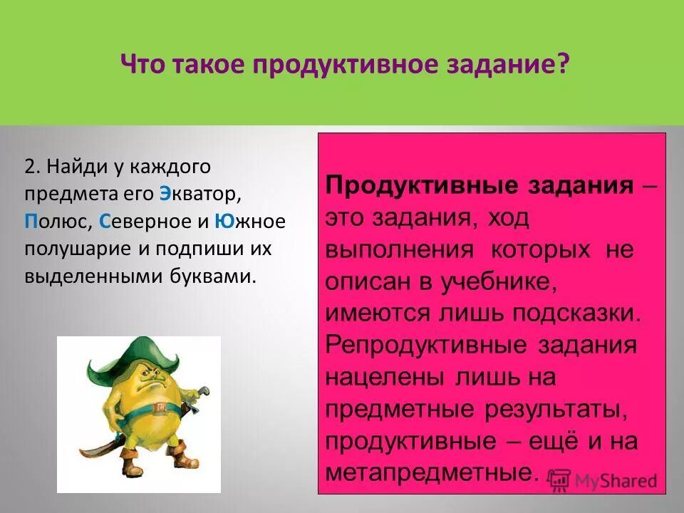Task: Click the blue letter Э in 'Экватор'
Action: (165, 194)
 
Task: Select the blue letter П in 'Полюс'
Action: (31, 221)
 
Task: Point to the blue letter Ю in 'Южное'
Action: (221, 221)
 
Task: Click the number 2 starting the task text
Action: (29, 167)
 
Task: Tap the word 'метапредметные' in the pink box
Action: (428, 472)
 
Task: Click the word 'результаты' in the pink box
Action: (549, 409)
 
